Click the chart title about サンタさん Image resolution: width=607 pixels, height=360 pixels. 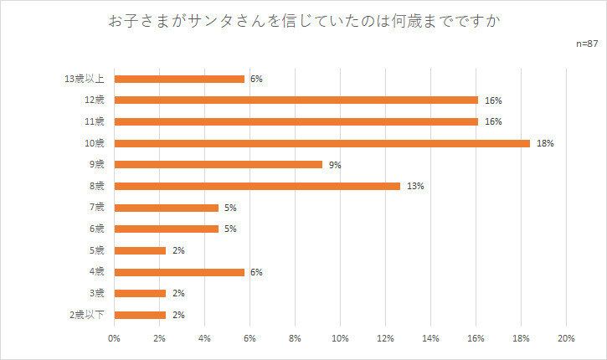click(x=303, y=19)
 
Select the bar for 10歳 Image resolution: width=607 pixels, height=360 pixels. click(x=322, y=143)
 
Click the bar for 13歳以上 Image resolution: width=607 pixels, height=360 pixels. click(x=179, y=79)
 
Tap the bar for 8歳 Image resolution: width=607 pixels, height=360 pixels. click(x=257, y=186)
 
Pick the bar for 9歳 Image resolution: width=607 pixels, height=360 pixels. click(x=219, y=164)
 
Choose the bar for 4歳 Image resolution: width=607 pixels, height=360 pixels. click(x=179, y=272)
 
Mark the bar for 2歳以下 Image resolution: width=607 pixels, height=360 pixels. click(x=140, y=315)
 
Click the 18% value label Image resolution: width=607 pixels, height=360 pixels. click(x=546, y=143)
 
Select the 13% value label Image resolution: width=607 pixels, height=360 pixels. click(x=416, y=186)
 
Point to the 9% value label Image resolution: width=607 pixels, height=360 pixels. click(x=335, y=164)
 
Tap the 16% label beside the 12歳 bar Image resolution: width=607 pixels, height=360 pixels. click(x=493, y=100)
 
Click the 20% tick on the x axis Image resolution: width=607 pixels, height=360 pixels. click(x=565, y=339)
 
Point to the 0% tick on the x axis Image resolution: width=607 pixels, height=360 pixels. click(x=115, y=339)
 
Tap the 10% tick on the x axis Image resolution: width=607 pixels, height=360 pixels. click(x=340, y=339)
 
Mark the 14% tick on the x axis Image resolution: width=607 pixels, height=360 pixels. click(x=430, y=339)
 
